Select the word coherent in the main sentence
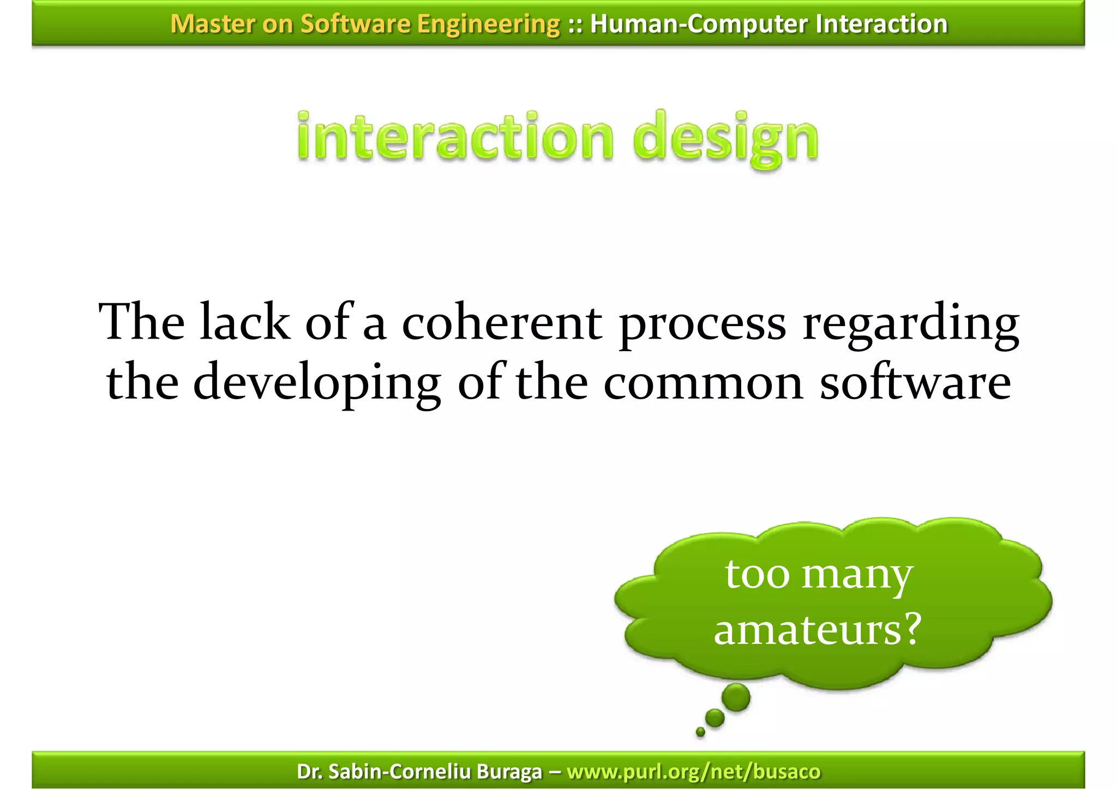502,323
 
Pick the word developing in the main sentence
317,384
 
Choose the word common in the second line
703,384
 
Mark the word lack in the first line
245,323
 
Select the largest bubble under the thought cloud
736,697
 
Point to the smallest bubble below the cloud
700,732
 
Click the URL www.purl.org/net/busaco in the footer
693,772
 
